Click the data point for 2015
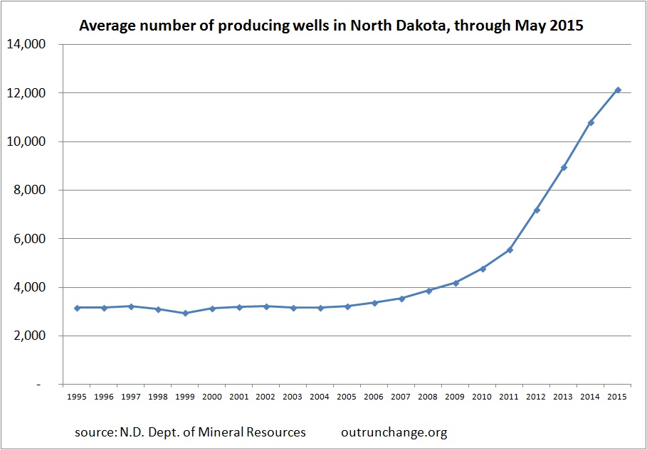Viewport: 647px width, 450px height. [618, 90]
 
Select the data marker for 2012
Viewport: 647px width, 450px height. [537, 210]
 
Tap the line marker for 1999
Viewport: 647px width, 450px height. [185, 313]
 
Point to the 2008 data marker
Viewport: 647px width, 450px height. [428, 290]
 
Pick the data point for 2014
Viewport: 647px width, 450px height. [591, 122]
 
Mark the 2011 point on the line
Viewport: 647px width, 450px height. [510, 250]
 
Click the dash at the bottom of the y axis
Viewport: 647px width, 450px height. [39, 385]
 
